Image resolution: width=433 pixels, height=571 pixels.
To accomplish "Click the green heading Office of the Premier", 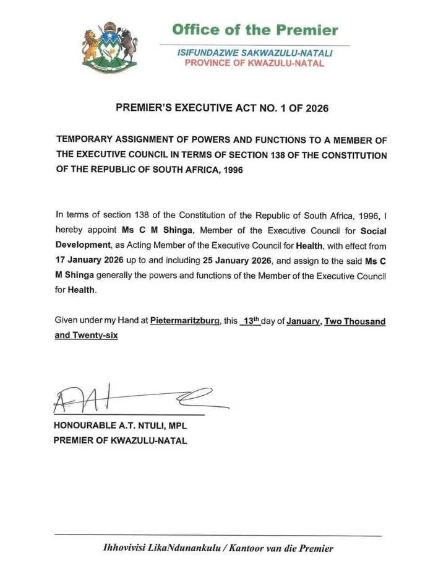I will [254, 30].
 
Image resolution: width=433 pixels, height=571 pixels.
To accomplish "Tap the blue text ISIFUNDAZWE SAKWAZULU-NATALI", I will [255, 54].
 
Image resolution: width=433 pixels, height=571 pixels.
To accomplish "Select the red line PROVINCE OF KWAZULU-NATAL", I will [254, 64].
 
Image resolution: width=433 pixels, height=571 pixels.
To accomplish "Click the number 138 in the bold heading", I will [281, 154].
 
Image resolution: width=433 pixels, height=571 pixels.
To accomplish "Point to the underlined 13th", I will [251, 321].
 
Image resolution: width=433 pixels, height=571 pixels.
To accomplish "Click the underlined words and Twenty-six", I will [86, 336].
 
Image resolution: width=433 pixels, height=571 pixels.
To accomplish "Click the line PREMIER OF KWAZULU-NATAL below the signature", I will [121, 441].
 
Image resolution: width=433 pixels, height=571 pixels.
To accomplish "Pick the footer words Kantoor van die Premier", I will [281, 547].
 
